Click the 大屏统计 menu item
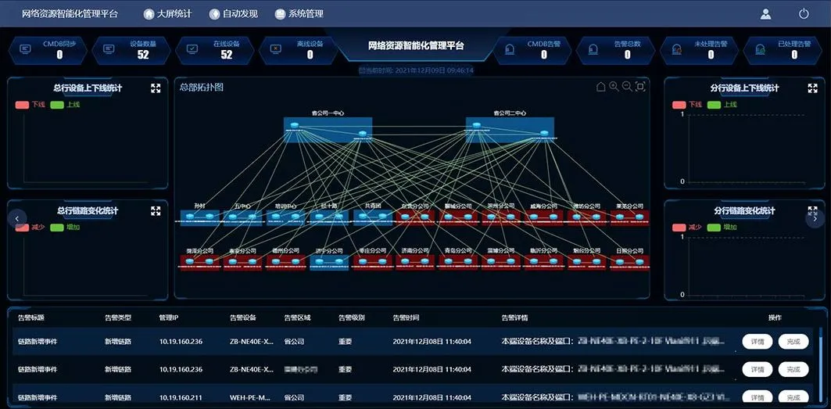click(x=167, y=13)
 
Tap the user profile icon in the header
click(x=766, y=13)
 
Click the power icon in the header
click(x=804, y=13)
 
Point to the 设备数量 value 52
click(x=143, y=55)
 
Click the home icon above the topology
click(x=601, y=87)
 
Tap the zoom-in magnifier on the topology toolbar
click(x=614, y=87)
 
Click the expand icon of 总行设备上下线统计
click(x=156, y=88)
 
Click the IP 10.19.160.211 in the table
click(x=181, y=397)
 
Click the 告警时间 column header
click(x=406, y=318)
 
